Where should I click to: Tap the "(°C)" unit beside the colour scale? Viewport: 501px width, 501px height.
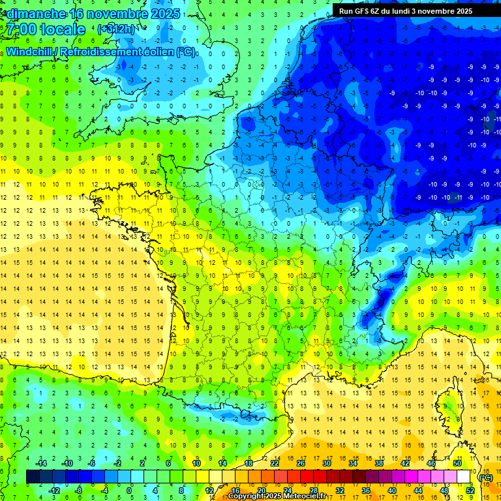485,478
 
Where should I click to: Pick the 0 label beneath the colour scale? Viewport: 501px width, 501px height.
129,490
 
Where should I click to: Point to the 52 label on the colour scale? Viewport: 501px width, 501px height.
470,490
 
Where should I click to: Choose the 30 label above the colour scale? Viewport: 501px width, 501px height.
326,463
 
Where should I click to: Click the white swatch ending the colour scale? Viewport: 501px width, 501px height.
463,477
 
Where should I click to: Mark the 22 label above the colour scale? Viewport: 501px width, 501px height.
274,463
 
